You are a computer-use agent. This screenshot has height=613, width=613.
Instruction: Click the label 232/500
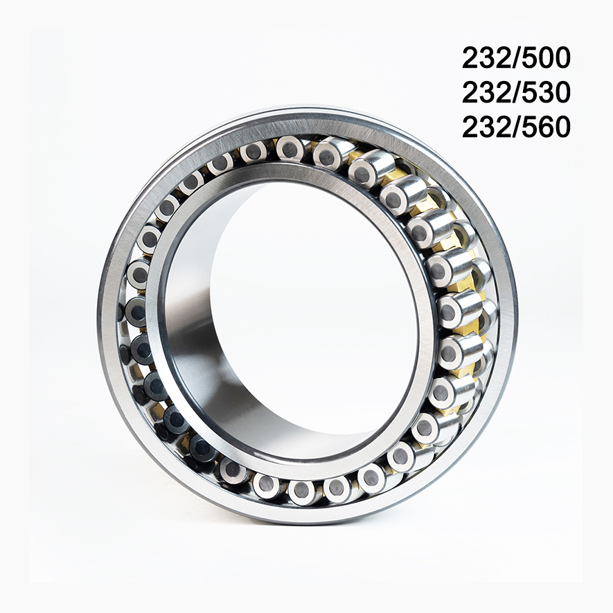(516, 58)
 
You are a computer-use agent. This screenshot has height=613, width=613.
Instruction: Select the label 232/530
(516, 92)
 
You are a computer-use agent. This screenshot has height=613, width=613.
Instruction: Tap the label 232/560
(516, 127)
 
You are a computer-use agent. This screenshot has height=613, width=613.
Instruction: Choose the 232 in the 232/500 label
(484, 58)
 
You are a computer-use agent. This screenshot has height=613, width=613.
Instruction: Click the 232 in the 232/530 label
(484, 92)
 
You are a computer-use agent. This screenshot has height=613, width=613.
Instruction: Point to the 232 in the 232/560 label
(484, 127)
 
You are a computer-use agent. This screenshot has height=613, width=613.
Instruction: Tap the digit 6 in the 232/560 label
(544, 127)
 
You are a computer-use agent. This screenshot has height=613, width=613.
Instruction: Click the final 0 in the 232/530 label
(561, 92)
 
